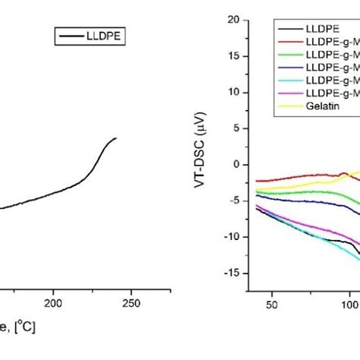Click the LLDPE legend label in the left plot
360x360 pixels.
105,35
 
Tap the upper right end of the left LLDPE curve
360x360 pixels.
116,138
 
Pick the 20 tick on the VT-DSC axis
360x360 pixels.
233,21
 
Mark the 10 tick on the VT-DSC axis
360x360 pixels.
233,93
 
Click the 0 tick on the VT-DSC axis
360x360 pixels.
236,165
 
